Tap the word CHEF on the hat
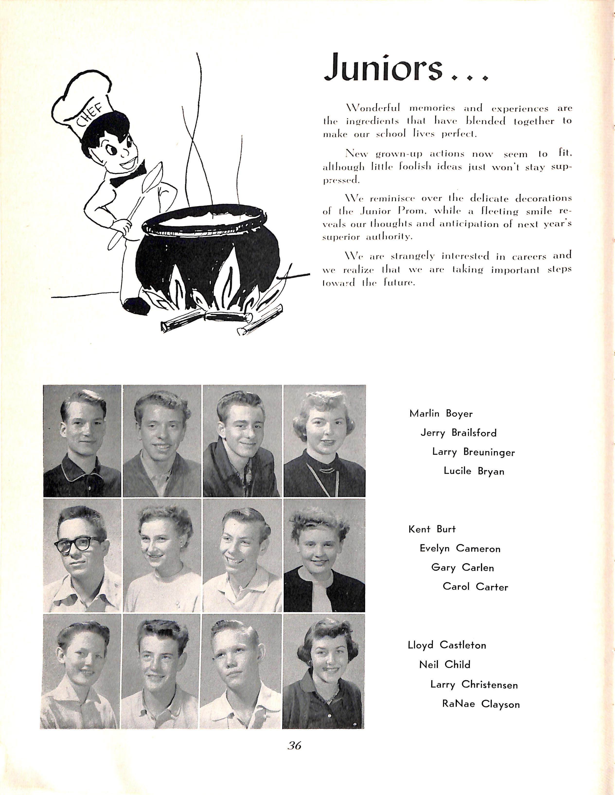(91, 115)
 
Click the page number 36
(294, 745)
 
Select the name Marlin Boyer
(441, 414)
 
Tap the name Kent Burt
(432, 529)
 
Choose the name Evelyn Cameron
(460, 549)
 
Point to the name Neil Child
(445, 665)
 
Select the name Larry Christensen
(474, 684)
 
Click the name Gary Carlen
(462, 568)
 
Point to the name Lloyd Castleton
(447, 645)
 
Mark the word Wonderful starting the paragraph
(373, 108)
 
